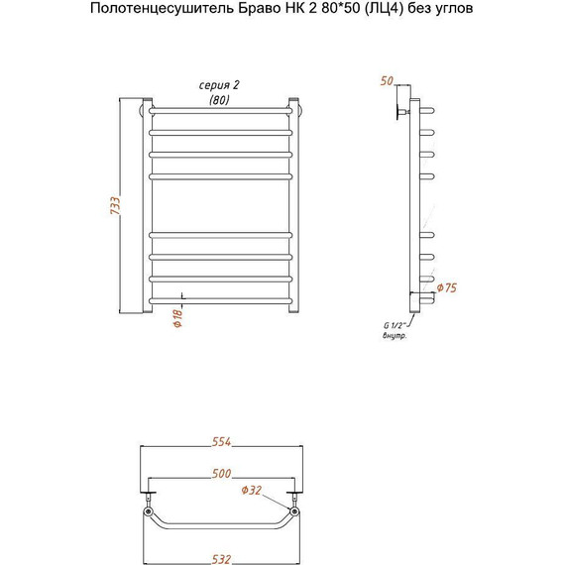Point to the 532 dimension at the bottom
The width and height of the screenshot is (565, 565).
click(x=222, y=558)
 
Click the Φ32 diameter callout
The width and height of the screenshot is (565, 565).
click(x=251, y=489)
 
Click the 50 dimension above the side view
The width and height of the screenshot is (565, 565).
click(x=387, y=79)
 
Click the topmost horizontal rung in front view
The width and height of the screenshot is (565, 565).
click(x=221, y=108)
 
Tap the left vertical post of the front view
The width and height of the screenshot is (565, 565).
click(x=149, y=208)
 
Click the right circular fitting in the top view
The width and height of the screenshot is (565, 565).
click(x=295, y=514)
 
